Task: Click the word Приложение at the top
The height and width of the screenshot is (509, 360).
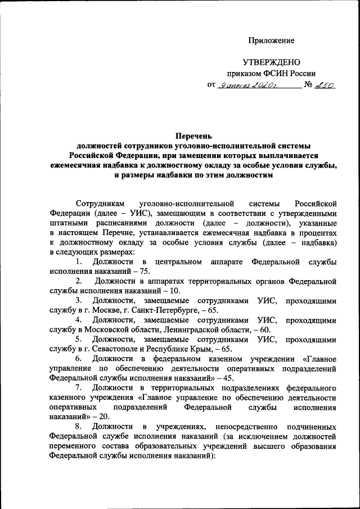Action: [x=272, y=41]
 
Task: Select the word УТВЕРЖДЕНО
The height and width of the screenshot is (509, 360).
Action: [x=271, y=62]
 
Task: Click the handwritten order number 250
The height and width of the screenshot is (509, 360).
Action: [x=325, y=85]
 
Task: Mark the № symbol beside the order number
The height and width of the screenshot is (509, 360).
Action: [x=308, y=85]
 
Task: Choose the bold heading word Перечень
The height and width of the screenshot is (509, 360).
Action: [x=193, y=136]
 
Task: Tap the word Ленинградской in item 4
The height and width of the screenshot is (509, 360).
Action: [x=193, y=330]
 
